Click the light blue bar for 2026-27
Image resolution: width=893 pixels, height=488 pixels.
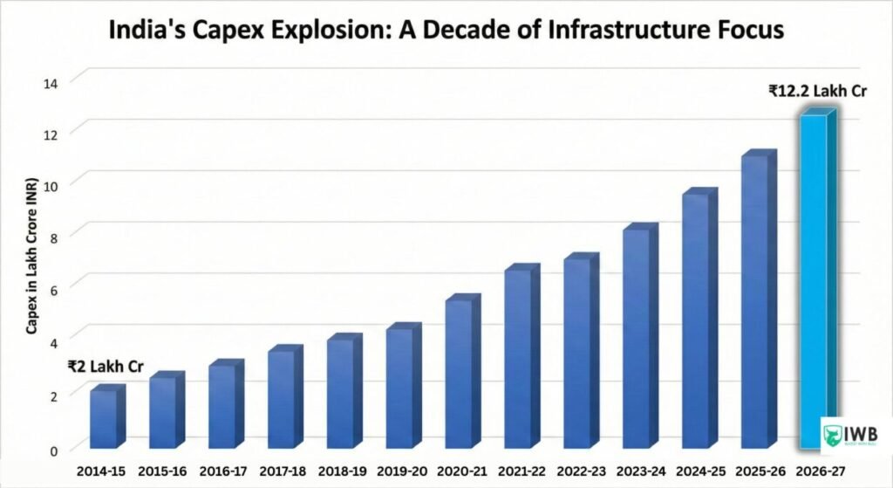[814, 279]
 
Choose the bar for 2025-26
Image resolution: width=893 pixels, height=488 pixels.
[755, 301]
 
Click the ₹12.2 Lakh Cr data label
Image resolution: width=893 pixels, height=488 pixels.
[816, 90]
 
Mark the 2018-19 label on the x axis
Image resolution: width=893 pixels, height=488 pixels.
[341, 471]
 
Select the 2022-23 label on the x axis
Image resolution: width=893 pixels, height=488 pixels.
[577, 471]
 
